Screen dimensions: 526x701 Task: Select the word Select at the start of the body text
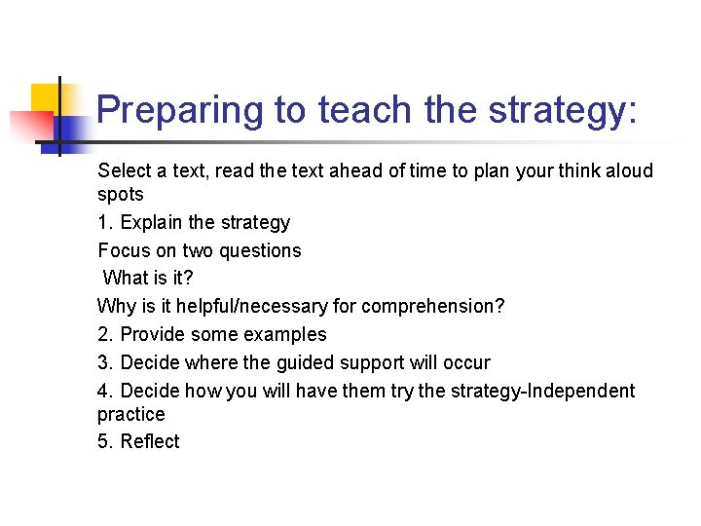(125, 170)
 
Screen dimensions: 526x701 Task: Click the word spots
(121, 194)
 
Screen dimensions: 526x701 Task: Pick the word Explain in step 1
(152, 222)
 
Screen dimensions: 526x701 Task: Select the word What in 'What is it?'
(125, 278)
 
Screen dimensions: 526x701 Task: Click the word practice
(131, 414)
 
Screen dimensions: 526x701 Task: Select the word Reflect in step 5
(150, 441)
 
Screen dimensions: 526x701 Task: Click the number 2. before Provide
(106, 334)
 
